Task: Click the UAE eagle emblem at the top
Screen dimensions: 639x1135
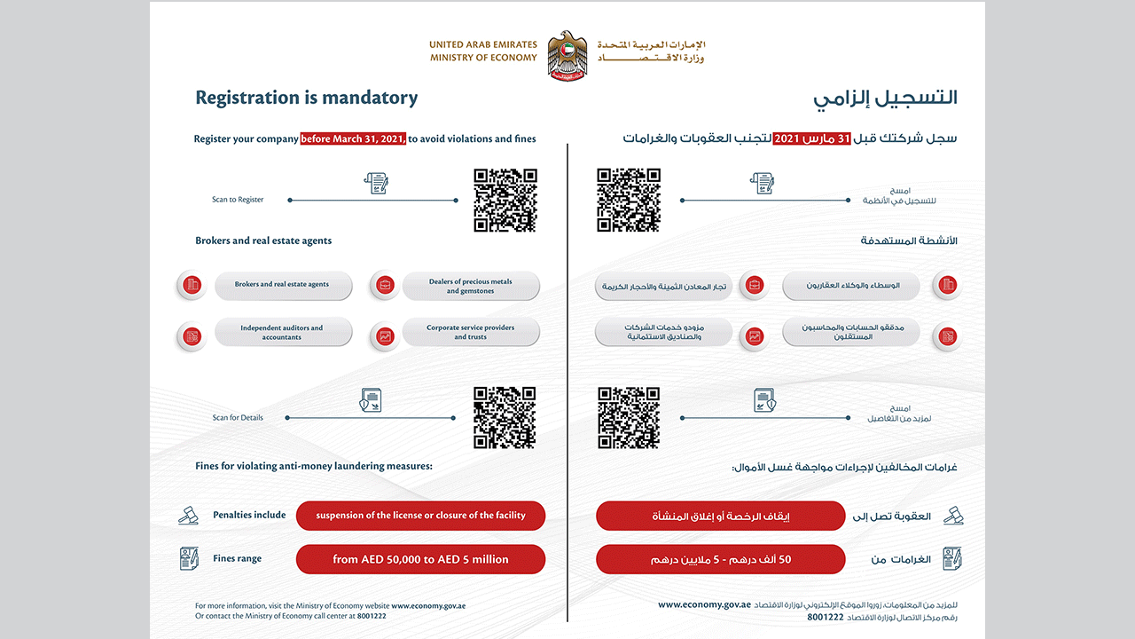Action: (567, 54)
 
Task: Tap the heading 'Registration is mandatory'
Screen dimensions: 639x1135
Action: (306, 98)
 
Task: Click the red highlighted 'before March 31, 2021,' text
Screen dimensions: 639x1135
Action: (353, 138)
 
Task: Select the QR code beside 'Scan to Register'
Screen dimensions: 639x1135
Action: (505, 201)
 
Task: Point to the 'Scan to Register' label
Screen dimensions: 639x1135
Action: (238, 200)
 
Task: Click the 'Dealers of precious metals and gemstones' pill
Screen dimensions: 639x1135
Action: (471, 286)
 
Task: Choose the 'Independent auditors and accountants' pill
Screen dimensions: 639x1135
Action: (282, 333)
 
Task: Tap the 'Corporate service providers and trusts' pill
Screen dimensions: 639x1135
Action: (471, 333)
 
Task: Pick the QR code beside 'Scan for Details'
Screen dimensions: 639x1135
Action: (505, 417)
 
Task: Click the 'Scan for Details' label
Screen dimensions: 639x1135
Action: (238, 417)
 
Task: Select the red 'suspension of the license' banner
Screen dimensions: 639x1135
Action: (420, 516)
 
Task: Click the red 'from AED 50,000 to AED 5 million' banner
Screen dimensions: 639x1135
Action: (420, 559)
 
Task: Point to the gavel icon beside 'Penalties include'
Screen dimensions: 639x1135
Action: (188, 515)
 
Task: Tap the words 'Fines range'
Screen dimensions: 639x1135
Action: (237, 559)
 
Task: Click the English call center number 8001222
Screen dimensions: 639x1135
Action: (372, 615)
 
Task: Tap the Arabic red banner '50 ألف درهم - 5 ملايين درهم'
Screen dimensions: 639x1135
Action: (720, 559)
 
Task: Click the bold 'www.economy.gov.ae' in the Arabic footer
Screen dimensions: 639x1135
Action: (704, 604)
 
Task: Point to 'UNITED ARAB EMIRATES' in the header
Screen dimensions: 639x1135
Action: (483, 44)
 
